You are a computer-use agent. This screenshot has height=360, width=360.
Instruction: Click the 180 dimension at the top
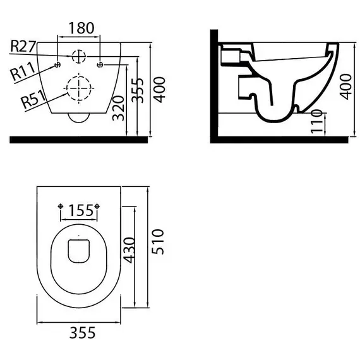pyautogui.click(x=81, y=28)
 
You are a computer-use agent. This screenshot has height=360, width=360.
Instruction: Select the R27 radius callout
pyautogui.click(x=23, y=46)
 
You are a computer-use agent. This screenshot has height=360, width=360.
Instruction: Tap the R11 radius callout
pyautogui.click(x=23, y=71)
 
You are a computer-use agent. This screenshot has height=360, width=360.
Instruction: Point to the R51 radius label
pyautogui.click(x=33, y=99)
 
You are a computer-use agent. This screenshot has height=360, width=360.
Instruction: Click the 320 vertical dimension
pyautogui.click(x=119, y=109)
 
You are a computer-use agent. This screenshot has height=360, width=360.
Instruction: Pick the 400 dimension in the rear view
pyautogui.click(x=159, y=90)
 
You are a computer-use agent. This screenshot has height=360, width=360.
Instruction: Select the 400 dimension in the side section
pyautogui.click(x=345, y=87)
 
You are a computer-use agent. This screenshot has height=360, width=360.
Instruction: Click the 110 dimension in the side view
pyautogui.click(x=316, y=122)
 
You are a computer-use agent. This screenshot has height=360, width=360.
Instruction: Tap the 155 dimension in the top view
pyautogui.click(x=81, y=210)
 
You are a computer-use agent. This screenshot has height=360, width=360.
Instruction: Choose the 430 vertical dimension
pyautogui.click(x=129, y=250)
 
